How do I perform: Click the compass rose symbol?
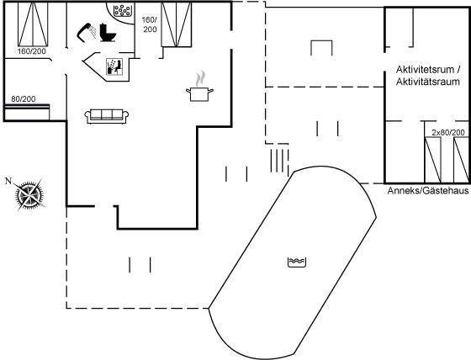(x=29, y=194)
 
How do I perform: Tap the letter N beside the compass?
(x=8, y=181)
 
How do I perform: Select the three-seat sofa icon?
(x=107, y=116)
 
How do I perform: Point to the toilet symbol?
(x=108, y=33)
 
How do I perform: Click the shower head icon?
(x=87, y=31)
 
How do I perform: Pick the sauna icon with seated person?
(x=114, y=66)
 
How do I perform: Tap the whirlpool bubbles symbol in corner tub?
(x=122, y=11)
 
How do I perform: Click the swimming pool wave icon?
(x=297, y=262)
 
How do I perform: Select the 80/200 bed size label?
(x=24, y=98)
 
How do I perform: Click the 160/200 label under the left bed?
(x=32, y=51)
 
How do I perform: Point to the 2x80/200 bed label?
(x=448, y=132)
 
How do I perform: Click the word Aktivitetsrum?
(x=425, y=70)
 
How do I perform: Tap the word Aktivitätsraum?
(x=428, y=82)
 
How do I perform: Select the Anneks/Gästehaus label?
(x=428, y=191)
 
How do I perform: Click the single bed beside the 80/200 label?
(x=27, y=112)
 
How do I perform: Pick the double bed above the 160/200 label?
(x=33, y=24)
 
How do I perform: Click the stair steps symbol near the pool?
(x=279, y=161)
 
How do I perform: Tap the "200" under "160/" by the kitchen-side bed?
(x=150, y=29)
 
